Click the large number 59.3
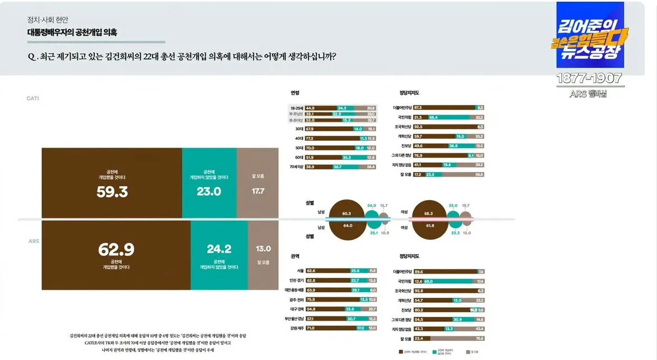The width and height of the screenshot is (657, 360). point(112,192)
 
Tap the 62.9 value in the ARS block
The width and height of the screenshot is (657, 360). point(116,250)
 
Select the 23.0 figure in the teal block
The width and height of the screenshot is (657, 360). point(209,192)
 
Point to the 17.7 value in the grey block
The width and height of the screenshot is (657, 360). point(258,191)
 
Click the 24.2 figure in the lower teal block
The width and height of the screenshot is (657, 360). point(219,249)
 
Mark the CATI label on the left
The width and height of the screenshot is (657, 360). point(33,98)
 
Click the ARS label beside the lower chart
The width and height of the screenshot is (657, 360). point(34,241)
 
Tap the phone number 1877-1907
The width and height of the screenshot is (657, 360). point(590,79)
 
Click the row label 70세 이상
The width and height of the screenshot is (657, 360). point(296,167)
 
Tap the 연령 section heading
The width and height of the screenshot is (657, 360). point(295,93)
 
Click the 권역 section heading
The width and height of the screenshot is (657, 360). point(295,256)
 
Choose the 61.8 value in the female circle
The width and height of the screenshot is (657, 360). point(429,225)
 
